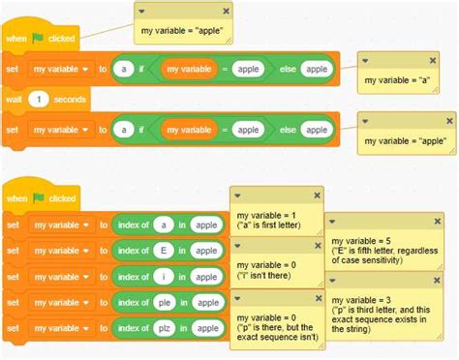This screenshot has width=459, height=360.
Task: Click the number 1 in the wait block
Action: tap(37, 99)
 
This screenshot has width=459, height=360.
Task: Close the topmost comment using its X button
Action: tap(226, 10)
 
